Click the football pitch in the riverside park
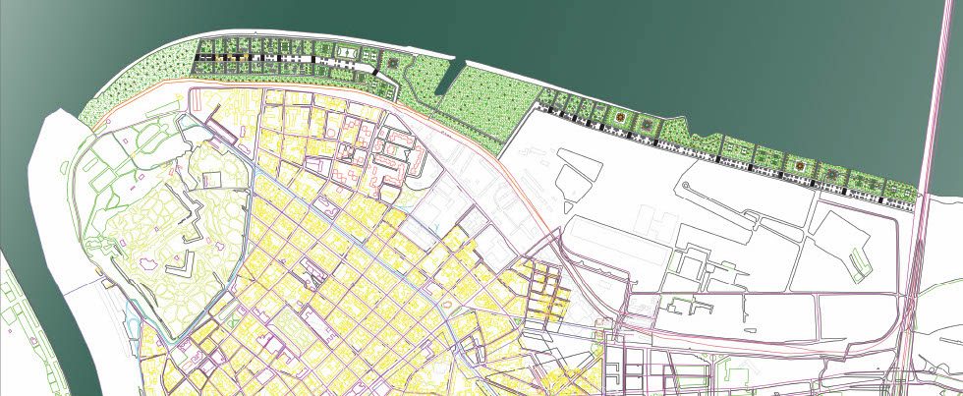345,48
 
